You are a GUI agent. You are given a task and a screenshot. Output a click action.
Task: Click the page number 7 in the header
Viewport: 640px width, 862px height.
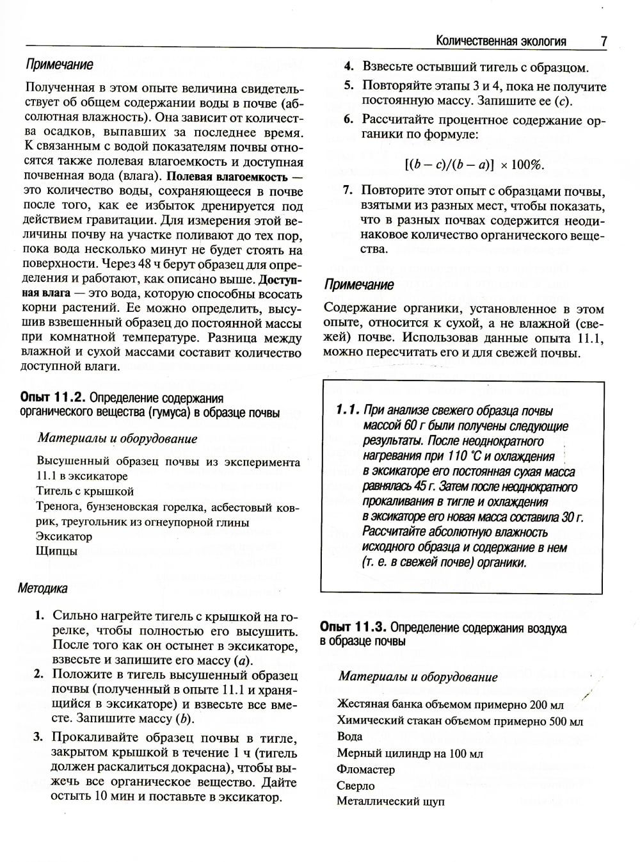(604, 41)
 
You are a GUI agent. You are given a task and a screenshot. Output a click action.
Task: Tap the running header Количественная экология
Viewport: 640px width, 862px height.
(500, 42)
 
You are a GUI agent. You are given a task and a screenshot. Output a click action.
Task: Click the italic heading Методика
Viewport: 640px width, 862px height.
(42, 587)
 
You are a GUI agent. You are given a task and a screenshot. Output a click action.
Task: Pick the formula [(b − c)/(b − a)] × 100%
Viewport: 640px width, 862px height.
(474, 164)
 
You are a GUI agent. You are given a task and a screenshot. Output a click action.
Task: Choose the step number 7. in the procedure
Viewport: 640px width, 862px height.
(348, 190)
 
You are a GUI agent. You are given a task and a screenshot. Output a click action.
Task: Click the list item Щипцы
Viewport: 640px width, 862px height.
(57, 551)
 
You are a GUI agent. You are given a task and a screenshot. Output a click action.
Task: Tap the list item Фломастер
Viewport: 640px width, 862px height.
(366, 769)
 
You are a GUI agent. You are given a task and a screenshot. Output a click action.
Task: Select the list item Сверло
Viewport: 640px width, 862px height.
(356, 786)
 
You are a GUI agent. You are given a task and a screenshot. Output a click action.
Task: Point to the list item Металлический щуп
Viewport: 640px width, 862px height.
(390, 802)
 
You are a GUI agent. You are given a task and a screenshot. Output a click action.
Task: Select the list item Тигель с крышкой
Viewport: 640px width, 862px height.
(85, 491)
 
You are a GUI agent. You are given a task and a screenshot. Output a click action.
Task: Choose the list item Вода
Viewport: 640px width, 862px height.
(350, 736)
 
